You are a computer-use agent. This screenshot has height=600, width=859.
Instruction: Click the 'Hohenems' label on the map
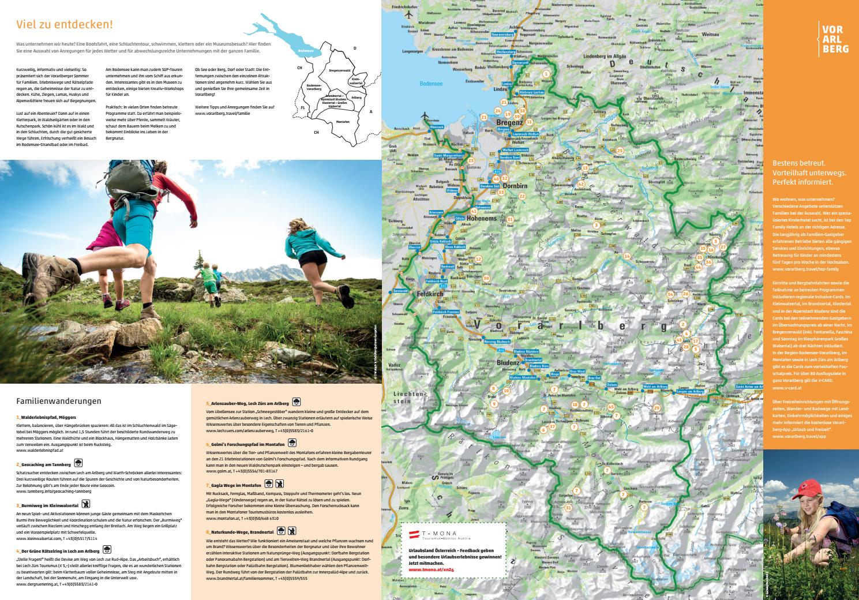point(483,219)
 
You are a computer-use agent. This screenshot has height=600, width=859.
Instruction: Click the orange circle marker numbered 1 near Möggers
point(545,74)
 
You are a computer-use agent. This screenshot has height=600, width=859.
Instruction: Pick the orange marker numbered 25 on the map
point(620,151)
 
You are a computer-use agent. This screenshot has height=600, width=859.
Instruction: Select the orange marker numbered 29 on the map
point(657,408)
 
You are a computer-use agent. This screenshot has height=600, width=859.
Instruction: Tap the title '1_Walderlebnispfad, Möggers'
point(46,417)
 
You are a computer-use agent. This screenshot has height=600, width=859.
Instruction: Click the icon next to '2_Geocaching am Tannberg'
point(78,463)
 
